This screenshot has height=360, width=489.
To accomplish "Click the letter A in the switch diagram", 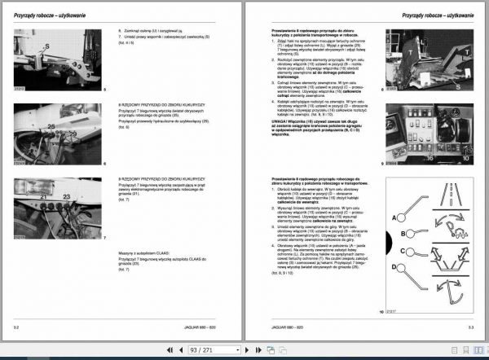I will [394, 217].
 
